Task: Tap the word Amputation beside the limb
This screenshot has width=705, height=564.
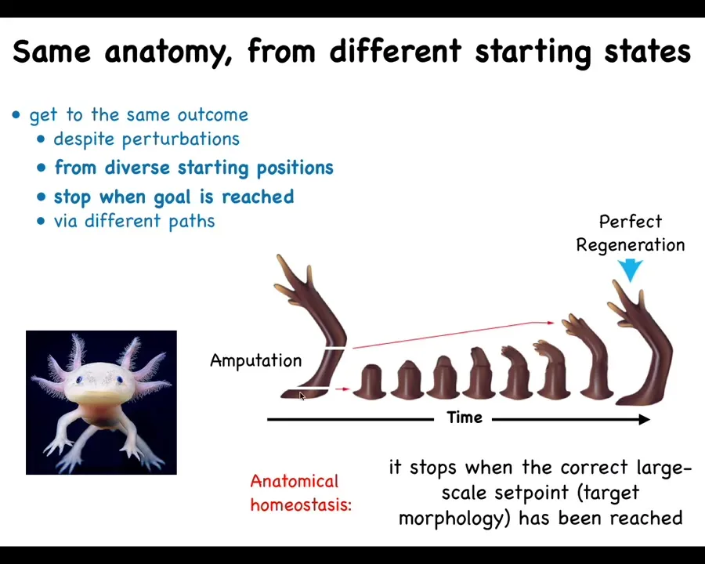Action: (256, 360)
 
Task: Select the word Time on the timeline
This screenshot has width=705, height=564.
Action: (465, 418)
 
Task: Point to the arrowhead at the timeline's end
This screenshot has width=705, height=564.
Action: (645, 419)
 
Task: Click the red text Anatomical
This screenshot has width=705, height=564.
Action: (294, 481)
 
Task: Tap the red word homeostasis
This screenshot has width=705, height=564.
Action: (301, 505)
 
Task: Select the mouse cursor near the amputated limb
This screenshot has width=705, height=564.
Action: (302, 396)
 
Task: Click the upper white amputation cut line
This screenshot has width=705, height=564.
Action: (335, 348)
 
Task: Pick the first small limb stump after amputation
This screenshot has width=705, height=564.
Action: (370, 381)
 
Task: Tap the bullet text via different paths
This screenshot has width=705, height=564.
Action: (135, 221)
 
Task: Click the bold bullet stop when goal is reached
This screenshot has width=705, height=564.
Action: (174, 197)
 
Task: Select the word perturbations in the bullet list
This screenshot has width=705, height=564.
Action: (181, 139)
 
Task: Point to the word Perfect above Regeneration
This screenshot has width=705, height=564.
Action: (631, 222)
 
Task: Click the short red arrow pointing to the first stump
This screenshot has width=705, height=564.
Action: (342, 389)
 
